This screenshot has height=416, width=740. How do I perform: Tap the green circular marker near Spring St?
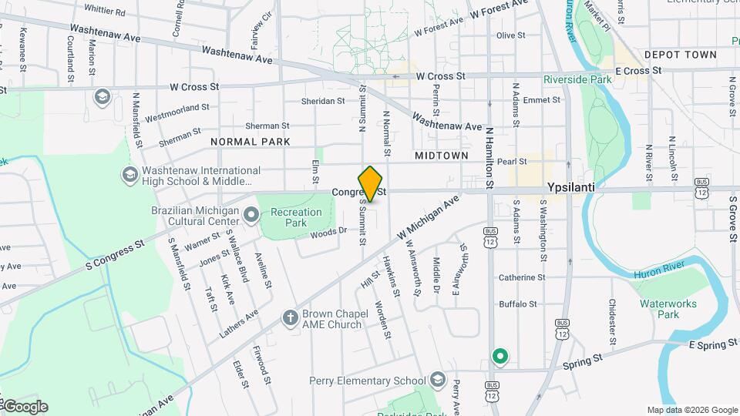tap(499, 356)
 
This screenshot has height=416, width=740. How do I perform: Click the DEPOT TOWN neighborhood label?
tap(681, 55)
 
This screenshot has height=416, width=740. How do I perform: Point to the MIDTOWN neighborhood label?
tap(441, 156)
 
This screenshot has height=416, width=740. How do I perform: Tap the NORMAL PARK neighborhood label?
tap(251, 142)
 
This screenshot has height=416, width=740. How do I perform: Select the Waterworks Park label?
tap(668, 309)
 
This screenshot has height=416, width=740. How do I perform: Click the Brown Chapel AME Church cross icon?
tap(290, 317)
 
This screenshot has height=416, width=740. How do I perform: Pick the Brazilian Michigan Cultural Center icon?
tap(251, 213)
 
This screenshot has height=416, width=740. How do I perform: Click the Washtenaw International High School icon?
tap(129, 175)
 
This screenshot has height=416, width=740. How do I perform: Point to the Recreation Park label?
tap(296, 217)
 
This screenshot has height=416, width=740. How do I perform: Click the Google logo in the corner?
tap(25, 407)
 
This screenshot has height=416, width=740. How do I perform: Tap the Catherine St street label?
tap(521, 277)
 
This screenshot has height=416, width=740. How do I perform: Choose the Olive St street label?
tap(510, 35)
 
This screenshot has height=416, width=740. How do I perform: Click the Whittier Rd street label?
tap(104, 12)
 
